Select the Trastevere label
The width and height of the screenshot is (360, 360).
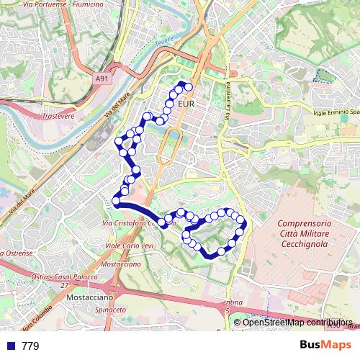pos(59,115)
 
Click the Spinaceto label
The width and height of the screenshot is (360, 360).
pos(110,310)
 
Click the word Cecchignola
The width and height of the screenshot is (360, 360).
pos(303,244)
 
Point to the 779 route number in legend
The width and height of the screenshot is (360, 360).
pos(30,346)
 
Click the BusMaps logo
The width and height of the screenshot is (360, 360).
pos(325,345)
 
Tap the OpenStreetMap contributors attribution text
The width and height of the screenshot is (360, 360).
pos(297,323)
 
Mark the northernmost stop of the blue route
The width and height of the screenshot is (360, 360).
pos(189,86)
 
